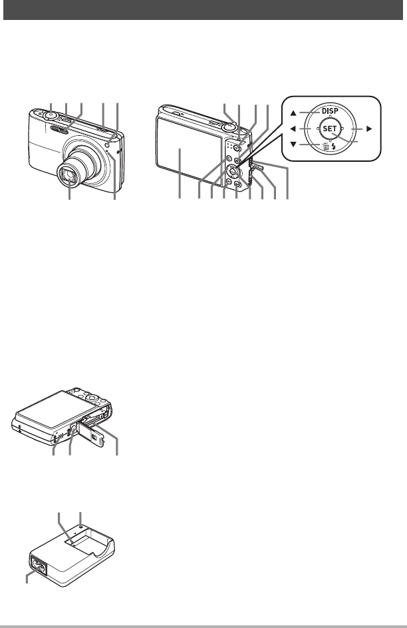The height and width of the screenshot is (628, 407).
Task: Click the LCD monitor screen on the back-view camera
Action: pyautogui.click(x=182, y=154)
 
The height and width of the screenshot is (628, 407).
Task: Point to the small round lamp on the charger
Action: pyautogui.click(x=80, y=527)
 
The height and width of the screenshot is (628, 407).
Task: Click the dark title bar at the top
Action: pyautogui.click(x=203, y=10)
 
